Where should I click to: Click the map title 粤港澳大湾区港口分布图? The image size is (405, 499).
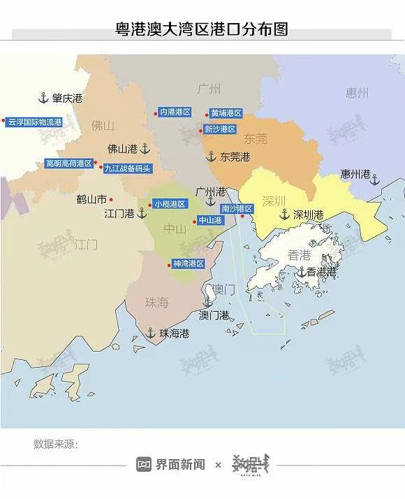point(202,29)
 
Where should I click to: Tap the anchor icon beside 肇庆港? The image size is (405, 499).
point(42,99)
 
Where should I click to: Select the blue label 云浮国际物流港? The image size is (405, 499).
point(35,122)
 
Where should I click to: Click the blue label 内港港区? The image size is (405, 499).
point(175,112)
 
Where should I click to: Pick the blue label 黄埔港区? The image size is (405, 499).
point(226,113)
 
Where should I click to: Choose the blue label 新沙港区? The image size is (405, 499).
point(219,129)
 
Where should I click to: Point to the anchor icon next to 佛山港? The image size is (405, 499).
point(145,148)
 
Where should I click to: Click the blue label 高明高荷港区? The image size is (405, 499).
point(68,164)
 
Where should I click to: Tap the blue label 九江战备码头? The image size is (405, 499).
point(127,168)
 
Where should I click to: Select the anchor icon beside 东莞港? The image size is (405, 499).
point(210,157)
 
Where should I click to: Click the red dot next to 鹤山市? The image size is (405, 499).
point(111,199)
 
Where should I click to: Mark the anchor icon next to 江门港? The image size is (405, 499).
point(142,213)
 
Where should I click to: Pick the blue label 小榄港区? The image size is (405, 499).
point(170,204)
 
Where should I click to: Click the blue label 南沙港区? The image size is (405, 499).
point(237,208)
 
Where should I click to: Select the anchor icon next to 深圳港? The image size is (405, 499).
point(284,215)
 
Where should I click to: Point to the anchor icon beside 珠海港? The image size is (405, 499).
point(151,333)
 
